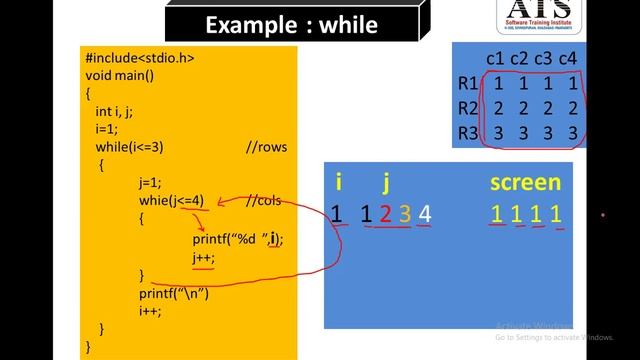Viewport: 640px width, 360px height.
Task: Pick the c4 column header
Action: [568, 59]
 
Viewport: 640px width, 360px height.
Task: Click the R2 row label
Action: [468, 108]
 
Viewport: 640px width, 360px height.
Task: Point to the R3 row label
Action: [468, 133]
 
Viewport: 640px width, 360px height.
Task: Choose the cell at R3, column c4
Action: [572, 133]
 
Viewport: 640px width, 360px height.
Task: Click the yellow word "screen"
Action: [525, 183]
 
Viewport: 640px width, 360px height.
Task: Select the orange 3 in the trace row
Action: [404, 213]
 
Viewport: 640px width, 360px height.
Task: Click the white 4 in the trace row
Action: [425, 213]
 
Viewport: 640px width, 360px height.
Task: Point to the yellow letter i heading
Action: [339, 183]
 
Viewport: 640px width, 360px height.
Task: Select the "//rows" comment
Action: [266, 147]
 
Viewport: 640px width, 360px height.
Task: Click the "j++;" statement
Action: [204, 257]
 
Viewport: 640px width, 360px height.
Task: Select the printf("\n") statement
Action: [174, 293]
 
